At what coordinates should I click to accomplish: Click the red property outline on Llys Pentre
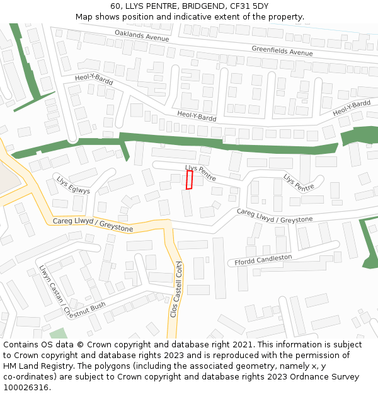pyautogui.click(x=189, y=180)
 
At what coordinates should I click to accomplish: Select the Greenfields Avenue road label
pyautogui.click(x=282, y=50)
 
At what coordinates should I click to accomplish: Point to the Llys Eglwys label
pyautogui.click(x=73, y=185)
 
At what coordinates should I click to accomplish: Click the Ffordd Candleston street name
pyautogui.click(x=263, y=260)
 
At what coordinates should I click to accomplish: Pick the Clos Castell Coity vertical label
pyautogui.click(x=176, y=289)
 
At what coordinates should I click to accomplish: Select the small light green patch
pyautogui.click(x=58, y=333)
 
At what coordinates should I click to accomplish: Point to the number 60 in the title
pyautogui.click(x=115, y=6)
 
